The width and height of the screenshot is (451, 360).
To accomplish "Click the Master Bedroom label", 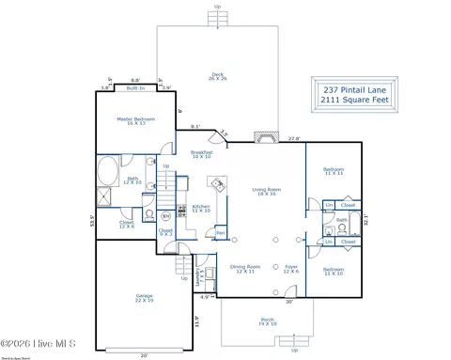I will pos(131,120).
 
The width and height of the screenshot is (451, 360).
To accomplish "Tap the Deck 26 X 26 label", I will pos(218,77).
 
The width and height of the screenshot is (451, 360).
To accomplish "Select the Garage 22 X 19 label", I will pos(144,299).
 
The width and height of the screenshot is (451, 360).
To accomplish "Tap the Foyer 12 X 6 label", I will pos(291,269).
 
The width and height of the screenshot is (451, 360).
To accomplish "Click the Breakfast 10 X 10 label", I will pos(201,154).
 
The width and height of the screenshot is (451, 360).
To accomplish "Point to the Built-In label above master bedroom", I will pos(134,87).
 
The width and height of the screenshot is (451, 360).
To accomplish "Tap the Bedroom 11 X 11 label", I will pos(334,172).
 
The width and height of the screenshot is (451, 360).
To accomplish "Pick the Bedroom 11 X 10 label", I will pos(334,272).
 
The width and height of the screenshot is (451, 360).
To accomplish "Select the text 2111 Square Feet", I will pos(352,99).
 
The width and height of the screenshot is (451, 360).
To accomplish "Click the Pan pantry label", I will pos(220,232).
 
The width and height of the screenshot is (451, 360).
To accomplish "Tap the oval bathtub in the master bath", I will pos(106,175).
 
